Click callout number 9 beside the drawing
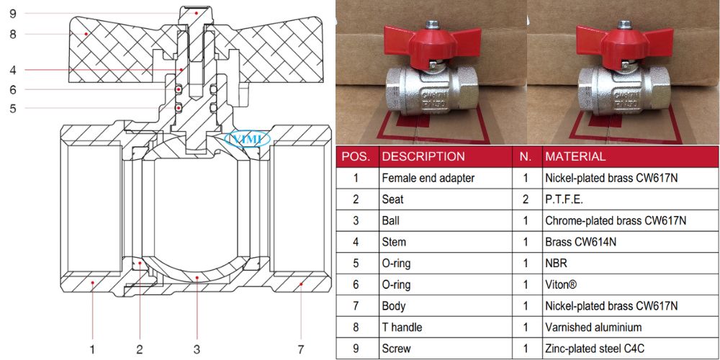pyautogui.click(x=13, y=12)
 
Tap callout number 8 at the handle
pyautogui.click(x=13, y=33)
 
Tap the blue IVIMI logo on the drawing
pyautogui.click(x=246, y=138)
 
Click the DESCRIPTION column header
pyautogui.click(x=423, y=156)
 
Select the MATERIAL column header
pyautogui.click(x=575, y=156)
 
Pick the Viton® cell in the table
pyautogui.click(x=559, y=284)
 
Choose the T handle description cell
pyautogui.click(x=402, y=328)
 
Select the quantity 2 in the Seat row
pyautogui.click(x=526, y=199)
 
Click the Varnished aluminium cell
pyautogui.click(x=588, y=328)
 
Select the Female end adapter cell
pyautogui.click(x=428, y=178)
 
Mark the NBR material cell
pyautogui.click(x=557, y=264)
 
